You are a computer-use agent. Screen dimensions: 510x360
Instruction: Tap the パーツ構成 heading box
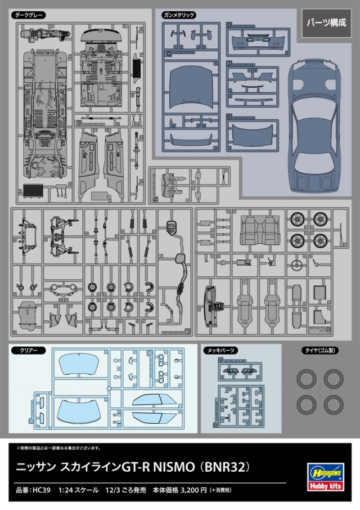pyautogui.click(x=326, y=23)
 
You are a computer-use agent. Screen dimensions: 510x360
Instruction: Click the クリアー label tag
pyautogui.click(x=28, y=350)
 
